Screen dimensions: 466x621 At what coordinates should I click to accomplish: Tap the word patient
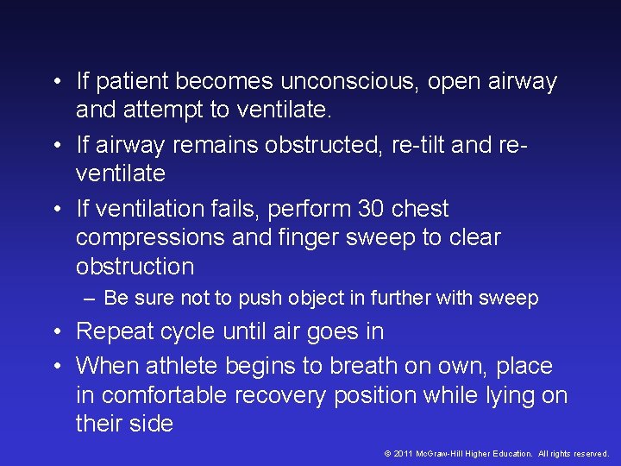[x=130, y=83]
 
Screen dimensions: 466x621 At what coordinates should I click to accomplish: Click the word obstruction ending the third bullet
[x=135, y=267]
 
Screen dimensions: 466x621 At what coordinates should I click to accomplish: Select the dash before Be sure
[x=91, y=299]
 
